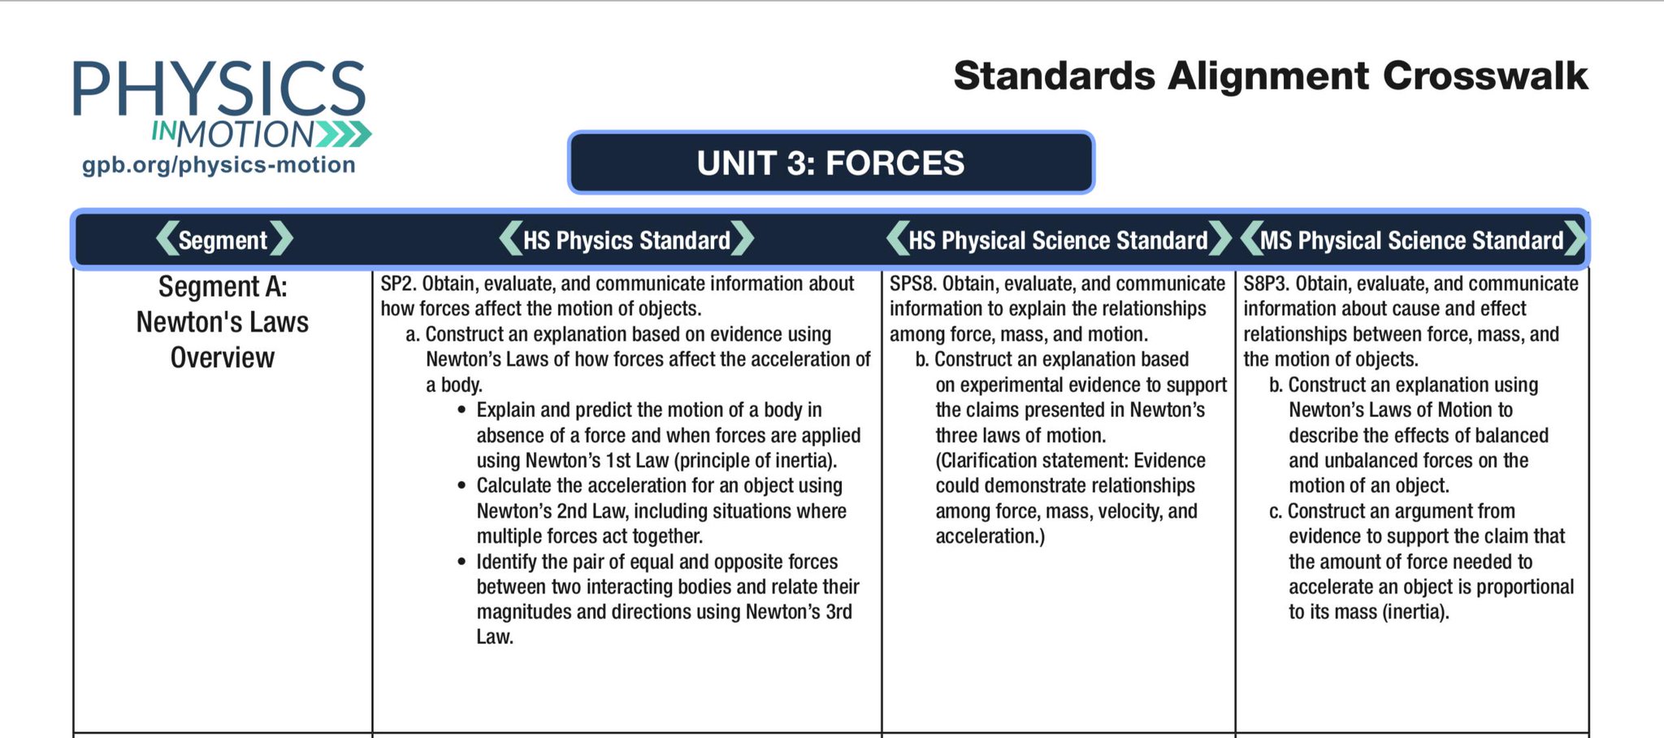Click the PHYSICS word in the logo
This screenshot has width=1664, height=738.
(x=219, y=89)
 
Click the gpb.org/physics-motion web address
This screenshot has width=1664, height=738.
(x=219, y=165)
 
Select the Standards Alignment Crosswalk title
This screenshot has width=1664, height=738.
(x=1270, y=76)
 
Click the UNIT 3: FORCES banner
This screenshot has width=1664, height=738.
(x=830, y=163)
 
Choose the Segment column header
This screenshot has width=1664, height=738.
(x=223, y=240)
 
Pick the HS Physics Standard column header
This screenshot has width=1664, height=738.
(x=626, y=240)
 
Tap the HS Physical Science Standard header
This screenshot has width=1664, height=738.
(x=1058, y=240)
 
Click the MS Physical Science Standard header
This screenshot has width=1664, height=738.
(x=1411, y=240)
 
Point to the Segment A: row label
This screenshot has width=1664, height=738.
(x=223, y=287)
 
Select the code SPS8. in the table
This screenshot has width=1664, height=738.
(x=912, y=284)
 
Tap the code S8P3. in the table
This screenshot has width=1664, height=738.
(x=1266, y=284)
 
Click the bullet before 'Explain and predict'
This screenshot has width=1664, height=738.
(x=461, y=410)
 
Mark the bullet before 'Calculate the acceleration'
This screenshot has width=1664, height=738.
(x=461, y=486)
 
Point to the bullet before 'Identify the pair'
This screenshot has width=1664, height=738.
(x=461, y=562)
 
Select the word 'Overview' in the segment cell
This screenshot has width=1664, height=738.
(x=223, y=358)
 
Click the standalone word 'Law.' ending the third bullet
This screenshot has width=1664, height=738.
(x=495, y=637)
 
